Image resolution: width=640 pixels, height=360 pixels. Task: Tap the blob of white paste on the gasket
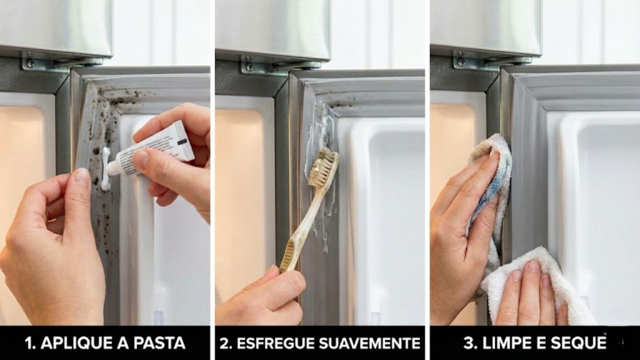(106, 170)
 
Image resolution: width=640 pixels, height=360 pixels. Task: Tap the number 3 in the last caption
(468, 343)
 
